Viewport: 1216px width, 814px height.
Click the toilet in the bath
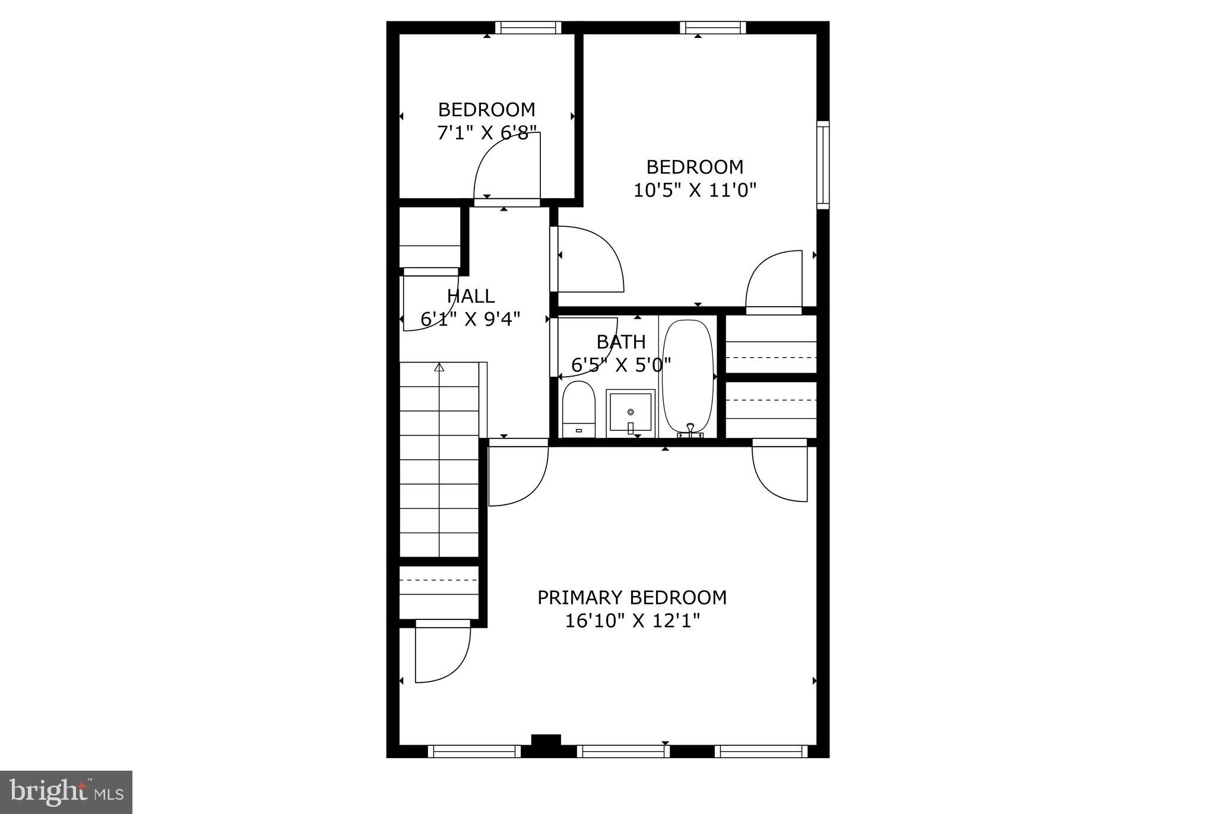click(578, 409)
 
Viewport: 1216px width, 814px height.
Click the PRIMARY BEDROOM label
click(632, 597)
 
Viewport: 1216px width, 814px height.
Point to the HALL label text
click(470, 296)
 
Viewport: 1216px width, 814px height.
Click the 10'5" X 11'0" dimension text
click(695, 190)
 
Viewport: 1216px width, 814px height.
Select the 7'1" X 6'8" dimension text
click(486, 133)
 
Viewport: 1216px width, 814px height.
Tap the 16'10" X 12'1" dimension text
click(632, 621)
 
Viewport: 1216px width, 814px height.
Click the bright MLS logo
click(66, 792)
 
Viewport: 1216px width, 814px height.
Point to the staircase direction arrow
click(439, 368)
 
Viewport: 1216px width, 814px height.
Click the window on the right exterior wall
click(822, 165)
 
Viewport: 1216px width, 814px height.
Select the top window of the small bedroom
click(528, 27)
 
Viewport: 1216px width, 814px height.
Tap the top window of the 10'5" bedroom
click(712, 27)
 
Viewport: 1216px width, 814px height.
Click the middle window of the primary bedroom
click(623, 752)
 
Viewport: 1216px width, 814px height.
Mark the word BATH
click(621, 342)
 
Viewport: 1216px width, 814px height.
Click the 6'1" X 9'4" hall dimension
click(470, 320)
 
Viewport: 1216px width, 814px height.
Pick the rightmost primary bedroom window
click(761, 752)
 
